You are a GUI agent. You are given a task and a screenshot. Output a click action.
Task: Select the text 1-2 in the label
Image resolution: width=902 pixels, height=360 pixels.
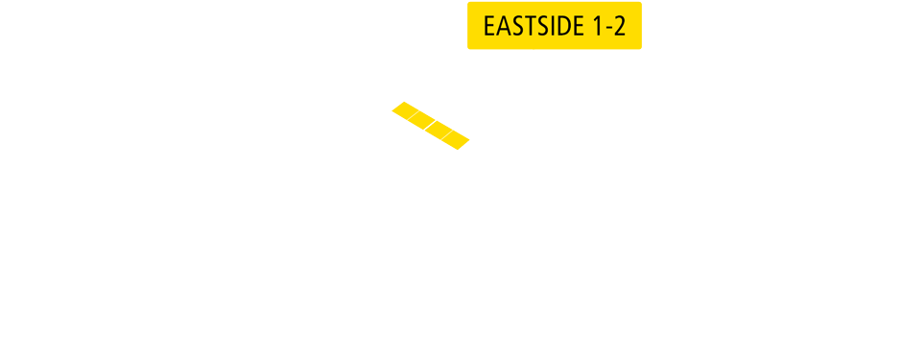click(x=609, y=26)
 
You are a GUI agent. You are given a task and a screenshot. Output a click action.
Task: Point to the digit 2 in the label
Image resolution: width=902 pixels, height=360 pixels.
click(x=620, y=26)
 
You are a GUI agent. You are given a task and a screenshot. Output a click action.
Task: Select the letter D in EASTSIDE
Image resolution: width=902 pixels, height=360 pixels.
click(x=562, y=26)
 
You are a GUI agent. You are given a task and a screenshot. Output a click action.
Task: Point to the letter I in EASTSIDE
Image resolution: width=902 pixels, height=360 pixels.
click(x=552, y=26)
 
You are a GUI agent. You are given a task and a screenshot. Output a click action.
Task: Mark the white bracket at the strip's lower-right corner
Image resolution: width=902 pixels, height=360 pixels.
click(x=471, y=144)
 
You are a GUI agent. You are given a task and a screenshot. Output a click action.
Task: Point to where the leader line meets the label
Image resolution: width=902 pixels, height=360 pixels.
click(x=534, y=49)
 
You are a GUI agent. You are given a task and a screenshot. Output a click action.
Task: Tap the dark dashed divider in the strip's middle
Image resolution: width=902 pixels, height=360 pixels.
click(x=432, y=125)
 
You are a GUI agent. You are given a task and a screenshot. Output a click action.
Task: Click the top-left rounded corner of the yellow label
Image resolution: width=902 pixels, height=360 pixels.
click(x=469, y=4)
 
